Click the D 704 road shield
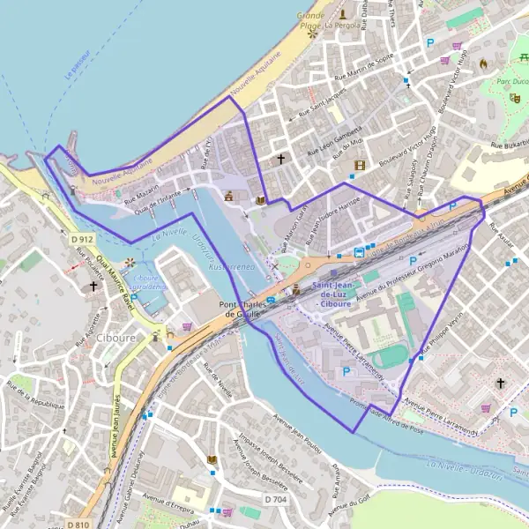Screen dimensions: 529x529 click(x=276, y=499)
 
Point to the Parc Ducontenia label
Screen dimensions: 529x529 click(x=511, y=82)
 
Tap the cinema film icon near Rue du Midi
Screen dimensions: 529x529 click(x=359, y=165)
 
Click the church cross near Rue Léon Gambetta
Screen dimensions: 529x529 click(x=281, y=160)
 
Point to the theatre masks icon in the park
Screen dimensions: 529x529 click(x=514, y=98)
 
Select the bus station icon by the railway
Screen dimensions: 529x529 click(x=360, y=252)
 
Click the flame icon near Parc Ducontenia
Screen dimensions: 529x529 click(x=482, y=63)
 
